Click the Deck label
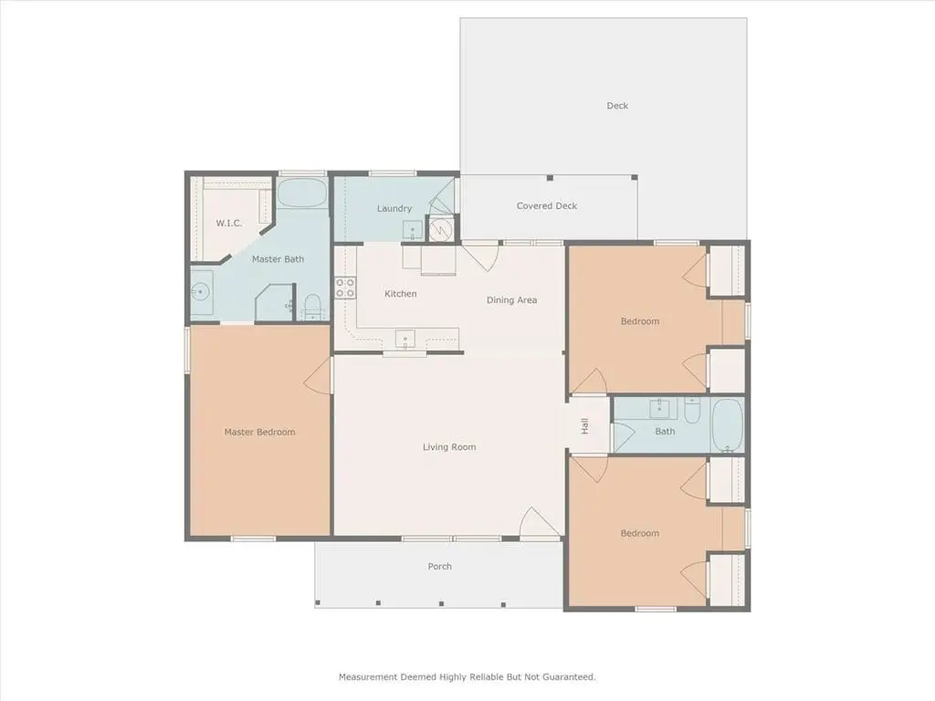pyautogui.click(x=617, y=106)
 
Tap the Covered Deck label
pyautogui.click(x=547, y=206)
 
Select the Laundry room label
pyautogui.click(x=394, y=209)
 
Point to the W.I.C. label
pyautogui.click(x=229, y=224)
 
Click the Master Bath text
pyautogui.click(x=278, y=259)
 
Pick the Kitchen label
pyautogui.click(x=401, y=294)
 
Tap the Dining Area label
pyautogui.click(x=511, y=300)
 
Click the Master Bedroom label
pyautogui.click(x=259, y=432)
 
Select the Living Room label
pyautogui.click(x=449, y=447)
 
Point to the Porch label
pyautogui.click(x=440, y=566)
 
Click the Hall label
pyautogui.click(x=585, y=425)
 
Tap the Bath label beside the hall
pyautogui.click(x=665, y=432)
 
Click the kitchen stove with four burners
pyautogui.click(x=345, y=288)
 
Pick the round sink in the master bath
pyautogui.click(x=202, y=292)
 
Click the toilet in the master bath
pyautogui.click(x=312, y=307)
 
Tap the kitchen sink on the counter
pyautogui.click(x=405, y=340)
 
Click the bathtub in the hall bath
pyautogui.click(x=728, y=425)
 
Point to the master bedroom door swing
pyautogui.click(x=319, y=375)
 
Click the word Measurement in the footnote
pyautogui.click(x=368, y=677)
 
